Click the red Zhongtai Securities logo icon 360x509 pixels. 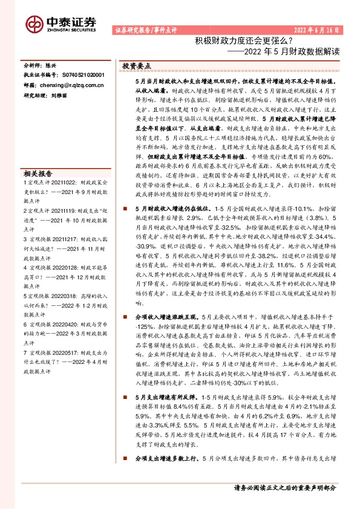(x=34, y=24)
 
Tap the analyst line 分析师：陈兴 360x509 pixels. (x=44, y=64)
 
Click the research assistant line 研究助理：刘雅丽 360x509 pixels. (x=52, y=96)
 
